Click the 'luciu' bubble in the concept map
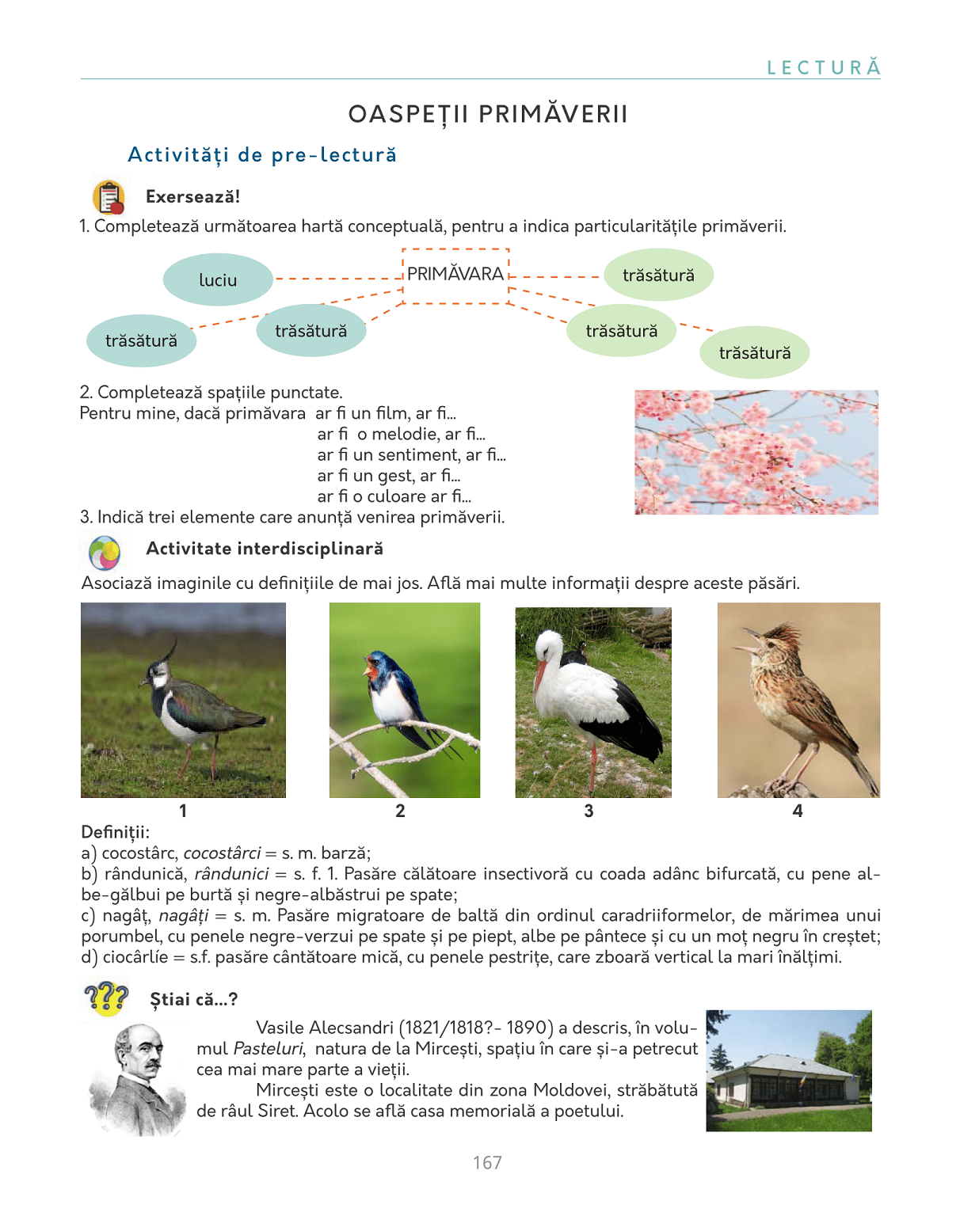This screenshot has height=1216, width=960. pyautogui.click(x=218, y=279)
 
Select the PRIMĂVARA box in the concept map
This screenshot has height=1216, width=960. pyautogui.click(x=455, y=275)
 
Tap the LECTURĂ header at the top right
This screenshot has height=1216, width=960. pyautogui.click(x=823, y=68)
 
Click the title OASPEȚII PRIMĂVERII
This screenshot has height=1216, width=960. pyautogui.click(x=488, y=115)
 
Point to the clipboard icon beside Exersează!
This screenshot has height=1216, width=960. pyautogui.click(x=109, y=197)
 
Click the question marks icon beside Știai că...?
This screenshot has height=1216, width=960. pyautogui.click(x=106, y=999)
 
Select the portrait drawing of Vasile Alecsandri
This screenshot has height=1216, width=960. pyautogui.click(x=139, y=1079)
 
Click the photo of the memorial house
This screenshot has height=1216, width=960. pyautogui.click(x=789, y=1070)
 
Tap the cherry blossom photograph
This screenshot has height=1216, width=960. pyautogui.click(x=756, y=452)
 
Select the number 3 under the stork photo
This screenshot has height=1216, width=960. pyautogui.click(x=589, y=811)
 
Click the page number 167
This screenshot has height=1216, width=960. pyautogui.click(x=487, y=1163)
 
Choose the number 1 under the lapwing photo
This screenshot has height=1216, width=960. pyautogui.click(x=183, y=811)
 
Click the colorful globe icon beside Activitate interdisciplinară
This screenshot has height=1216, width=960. pyautogui.click(x=105, y=553)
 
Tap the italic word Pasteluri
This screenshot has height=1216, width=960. pyautogui.click(x=269, y=1049)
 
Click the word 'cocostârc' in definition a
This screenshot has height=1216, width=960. pyautogui.click(x=140, y=853)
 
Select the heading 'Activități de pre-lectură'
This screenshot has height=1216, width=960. pyautogui.click(x=262, y=155)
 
